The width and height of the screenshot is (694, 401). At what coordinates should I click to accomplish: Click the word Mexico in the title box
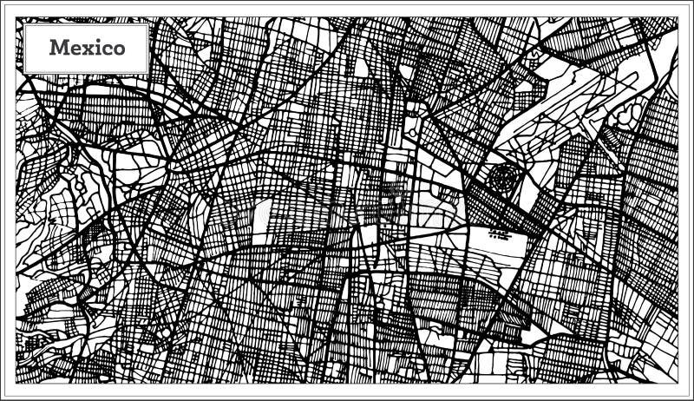[x=87, y=48]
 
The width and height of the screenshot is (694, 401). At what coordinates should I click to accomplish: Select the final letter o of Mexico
[x=118, y=49]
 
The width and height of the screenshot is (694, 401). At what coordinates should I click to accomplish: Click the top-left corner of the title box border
[x=24, y=23]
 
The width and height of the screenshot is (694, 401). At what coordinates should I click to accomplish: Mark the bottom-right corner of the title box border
[x=149, y=73]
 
